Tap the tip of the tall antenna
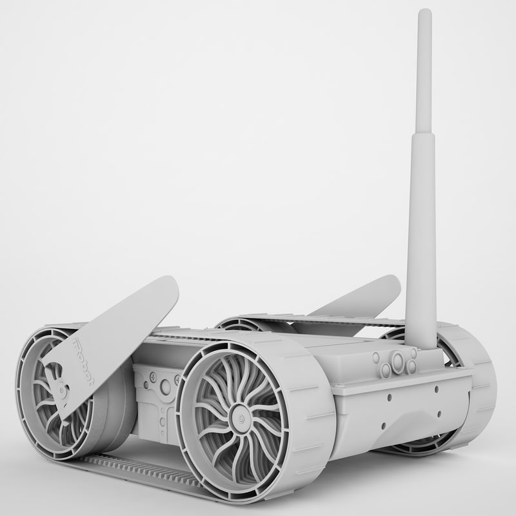(424, 13)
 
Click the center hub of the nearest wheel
(239, 420)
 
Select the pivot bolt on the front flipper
(62, 390)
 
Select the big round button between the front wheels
(166, 387)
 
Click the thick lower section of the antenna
(421, 245)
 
